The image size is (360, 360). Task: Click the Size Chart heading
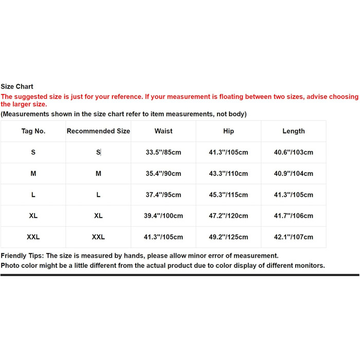coord(17,87)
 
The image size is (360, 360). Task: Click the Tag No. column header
coord(33,131)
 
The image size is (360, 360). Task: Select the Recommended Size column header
coord(98,131)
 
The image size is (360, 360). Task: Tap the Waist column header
coord(164,131)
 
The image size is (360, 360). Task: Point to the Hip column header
coord(228,131)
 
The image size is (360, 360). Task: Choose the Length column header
coord(294,131)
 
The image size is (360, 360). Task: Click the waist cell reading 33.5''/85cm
coord(164,152)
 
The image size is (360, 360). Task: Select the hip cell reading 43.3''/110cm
coord(228,174)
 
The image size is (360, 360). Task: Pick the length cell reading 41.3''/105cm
coord(294,195)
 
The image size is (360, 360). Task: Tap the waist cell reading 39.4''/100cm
coord(164,216)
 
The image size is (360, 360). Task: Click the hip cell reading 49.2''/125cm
coord(228,237)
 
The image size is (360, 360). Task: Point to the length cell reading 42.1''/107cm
coord(294,237)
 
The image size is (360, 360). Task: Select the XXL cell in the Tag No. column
coord(33,237)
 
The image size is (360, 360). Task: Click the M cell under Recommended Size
coord(98,174)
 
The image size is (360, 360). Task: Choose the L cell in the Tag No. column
coord(33,195)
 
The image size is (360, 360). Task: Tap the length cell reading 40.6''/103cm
coord(294,152)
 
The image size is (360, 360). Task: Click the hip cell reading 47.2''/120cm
coord(228,216)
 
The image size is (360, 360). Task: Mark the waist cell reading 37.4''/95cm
coord(164,195)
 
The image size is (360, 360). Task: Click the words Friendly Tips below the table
coord(22,256)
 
